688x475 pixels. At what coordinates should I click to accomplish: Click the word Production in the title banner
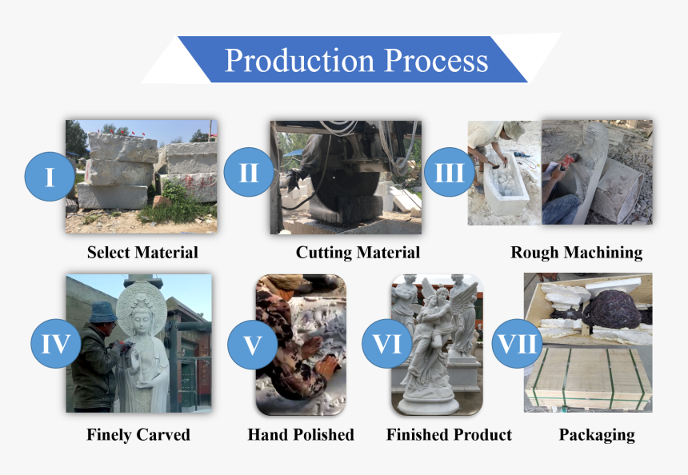(300, 61)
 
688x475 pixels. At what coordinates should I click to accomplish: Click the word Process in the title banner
(437, 60)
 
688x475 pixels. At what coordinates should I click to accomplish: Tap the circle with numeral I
(50, 176)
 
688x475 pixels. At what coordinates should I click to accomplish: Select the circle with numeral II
(249, 172)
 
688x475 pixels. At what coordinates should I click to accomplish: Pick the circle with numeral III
(450, 172)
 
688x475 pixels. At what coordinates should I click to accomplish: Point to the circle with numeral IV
(56, 343)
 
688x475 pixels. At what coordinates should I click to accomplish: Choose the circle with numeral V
(252, 345)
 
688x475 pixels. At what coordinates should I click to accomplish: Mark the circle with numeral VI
(387, 343)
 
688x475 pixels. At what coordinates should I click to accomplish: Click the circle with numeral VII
(517, 343)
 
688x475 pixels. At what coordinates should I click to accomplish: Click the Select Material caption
(142, 253)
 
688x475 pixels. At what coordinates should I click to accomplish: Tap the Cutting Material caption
(358, 253)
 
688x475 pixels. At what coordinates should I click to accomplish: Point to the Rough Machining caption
(577, 253)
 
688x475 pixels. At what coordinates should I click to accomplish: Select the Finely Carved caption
(138, 435)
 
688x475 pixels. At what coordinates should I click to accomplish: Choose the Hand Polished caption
(301, 435)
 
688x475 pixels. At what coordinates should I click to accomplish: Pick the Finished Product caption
(449, 435)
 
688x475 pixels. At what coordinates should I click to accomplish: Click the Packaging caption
(597, 435)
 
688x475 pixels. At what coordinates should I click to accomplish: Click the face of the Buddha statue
(142, 320)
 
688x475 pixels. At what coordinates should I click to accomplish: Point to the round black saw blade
(346, 192)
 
